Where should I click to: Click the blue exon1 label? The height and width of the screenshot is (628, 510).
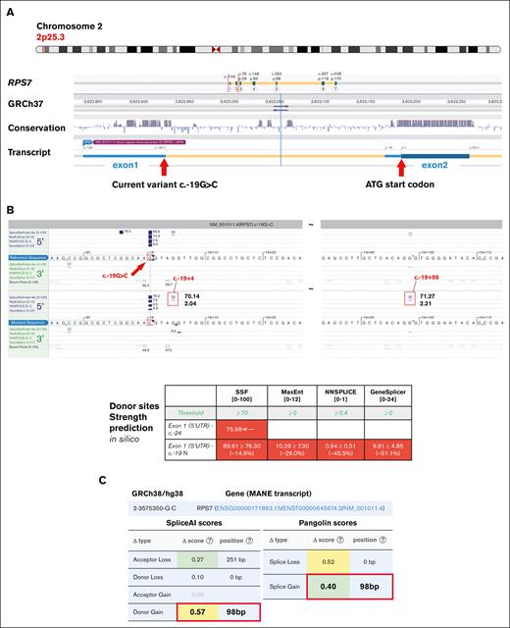point(109,165)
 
